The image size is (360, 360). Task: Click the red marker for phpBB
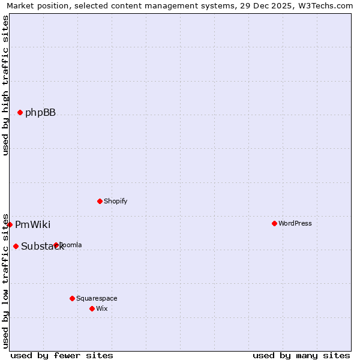20,112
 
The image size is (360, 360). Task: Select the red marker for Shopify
100,201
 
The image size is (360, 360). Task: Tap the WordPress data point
274,223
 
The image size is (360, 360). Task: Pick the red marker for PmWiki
10,224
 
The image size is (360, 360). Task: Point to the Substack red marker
16,246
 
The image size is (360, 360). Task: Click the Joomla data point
56,245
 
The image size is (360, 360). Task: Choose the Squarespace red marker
72,298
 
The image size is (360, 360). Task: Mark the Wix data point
92,308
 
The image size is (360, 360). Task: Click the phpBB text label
40,113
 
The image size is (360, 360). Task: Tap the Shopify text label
115,202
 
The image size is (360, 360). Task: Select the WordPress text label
295,224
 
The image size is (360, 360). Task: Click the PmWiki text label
32,225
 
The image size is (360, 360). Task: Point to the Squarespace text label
97,299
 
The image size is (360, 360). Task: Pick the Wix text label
101,309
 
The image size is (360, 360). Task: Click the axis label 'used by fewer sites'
62,355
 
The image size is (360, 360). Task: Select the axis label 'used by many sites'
301,355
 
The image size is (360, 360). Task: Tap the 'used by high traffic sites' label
5,85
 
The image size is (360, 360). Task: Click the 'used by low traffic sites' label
5,280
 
